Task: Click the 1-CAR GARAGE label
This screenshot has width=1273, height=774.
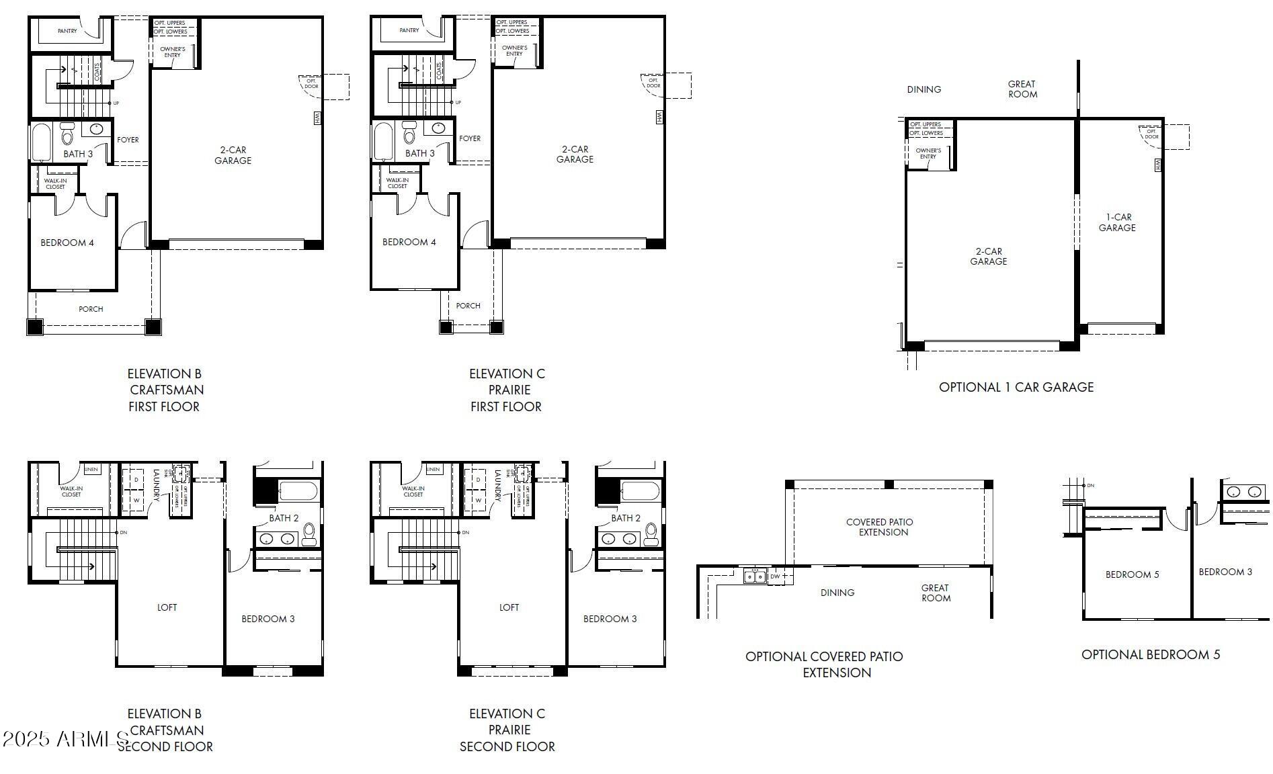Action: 1117,222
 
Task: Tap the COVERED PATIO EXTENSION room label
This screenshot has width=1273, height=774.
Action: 880,527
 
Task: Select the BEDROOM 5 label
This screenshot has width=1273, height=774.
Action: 1132,574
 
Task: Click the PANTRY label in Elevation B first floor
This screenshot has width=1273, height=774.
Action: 67,31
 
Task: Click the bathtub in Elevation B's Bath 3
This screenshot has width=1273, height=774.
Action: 41,142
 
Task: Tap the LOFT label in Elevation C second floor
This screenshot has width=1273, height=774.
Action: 509,607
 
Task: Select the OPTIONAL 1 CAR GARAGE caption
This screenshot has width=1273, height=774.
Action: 1016,387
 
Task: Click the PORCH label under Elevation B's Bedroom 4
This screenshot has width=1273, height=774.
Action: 91,309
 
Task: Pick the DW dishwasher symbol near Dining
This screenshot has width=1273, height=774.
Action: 775,576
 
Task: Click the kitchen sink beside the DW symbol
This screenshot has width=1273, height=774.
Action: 754,576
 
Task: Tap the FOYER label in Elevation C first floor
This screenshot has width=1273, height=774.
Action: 470,138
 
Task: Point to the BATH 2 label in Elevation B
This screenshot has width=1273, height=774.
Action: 284,518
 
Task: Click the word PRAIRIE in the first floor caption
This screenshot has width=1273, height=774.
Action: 509,390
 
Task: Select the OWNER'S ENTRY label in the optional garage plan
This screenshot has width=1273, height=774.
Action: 928,153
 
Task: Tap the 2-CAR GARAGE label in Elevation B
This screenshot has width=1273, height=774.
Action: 233,155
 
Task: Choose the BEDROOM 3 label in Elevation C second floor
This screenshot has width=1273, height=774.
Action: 610,619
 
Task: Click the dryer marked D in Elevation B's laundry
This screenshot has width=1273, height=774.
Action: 136,480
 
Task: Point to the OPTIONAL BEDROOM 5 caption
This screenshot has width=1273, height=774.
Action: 1150,654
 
